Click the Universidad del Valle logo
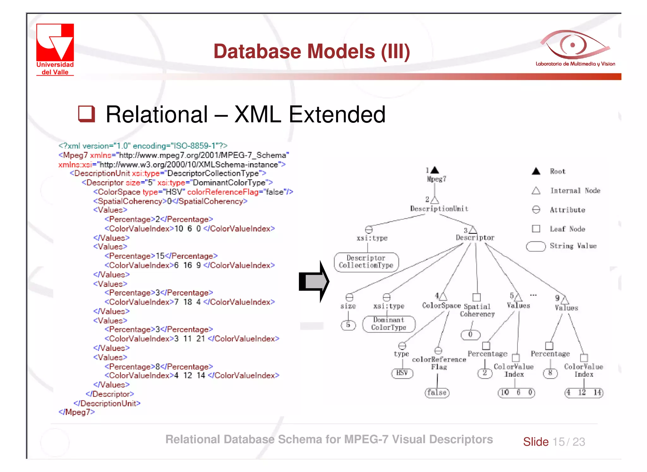(55, 49)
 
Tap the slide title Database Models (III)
(311, 51)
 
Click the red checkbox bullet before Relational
(86, 114)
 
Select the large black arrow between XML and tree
(314, 281)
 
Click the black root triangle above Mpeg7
(435, 170)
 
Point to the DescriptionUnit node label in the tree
(439, 208)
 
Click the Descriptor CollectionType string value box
(366, 262)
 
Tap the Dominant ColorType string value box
(389, 324)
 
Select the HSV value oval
(402, 373)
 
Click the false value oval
(437, 393)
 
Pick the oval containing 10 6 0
(517, 393)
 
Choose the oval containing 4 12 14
(584, 393)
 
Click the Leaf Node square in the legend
(536, 228)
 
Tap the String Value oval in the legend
(536, 246)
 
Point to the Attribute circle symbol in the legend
(536, 209)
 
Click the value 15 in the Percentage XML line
(160, 256)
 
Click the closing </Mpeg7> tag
(77, 412)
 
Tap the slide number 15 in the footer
(559, 442)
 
